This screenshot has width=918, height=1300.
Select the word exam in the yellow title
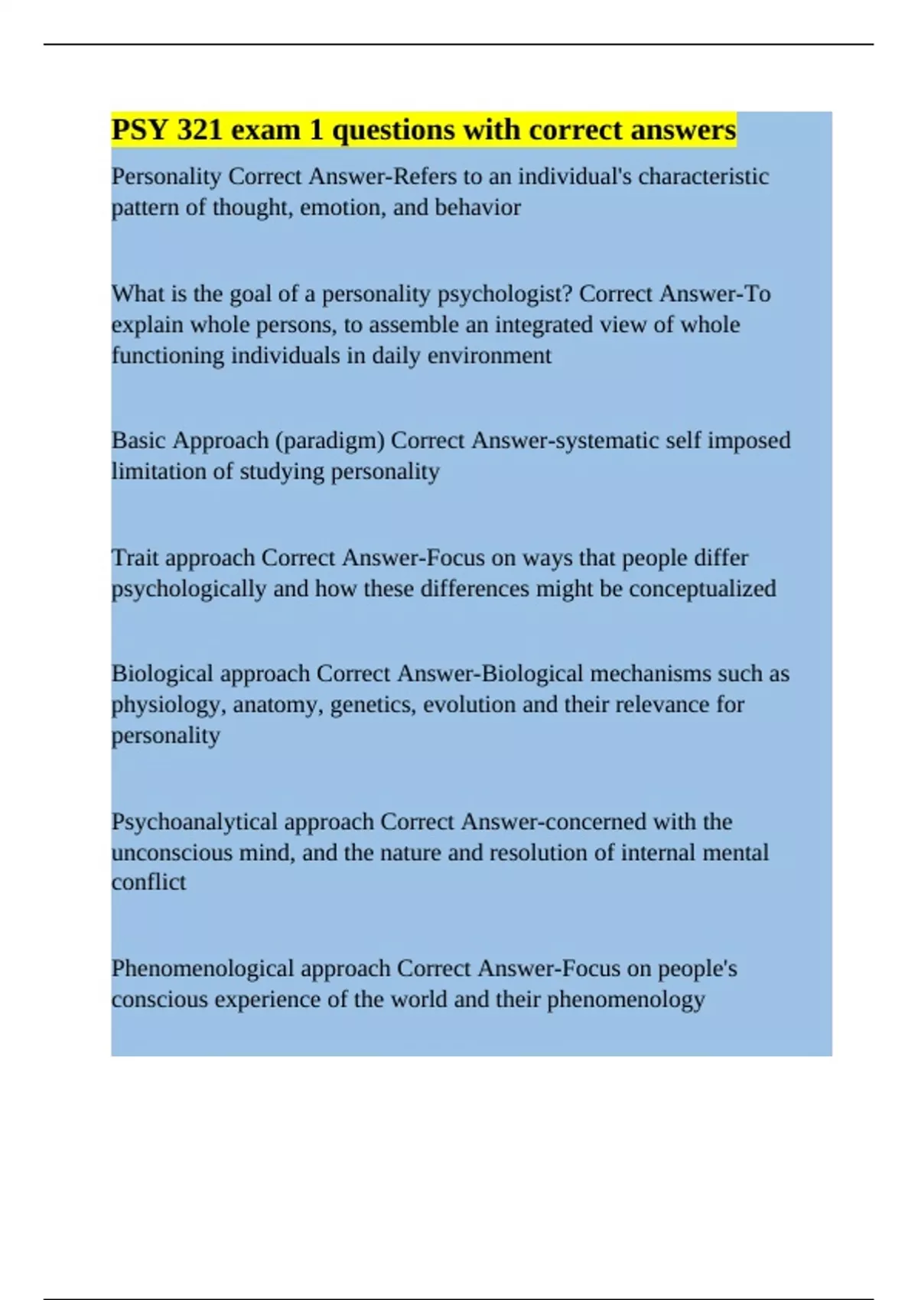tap(266, 130)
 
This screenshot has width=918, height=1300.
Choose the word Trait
tap(135, 557)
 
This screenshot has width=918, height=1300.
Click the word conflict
tap(148, 882)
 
